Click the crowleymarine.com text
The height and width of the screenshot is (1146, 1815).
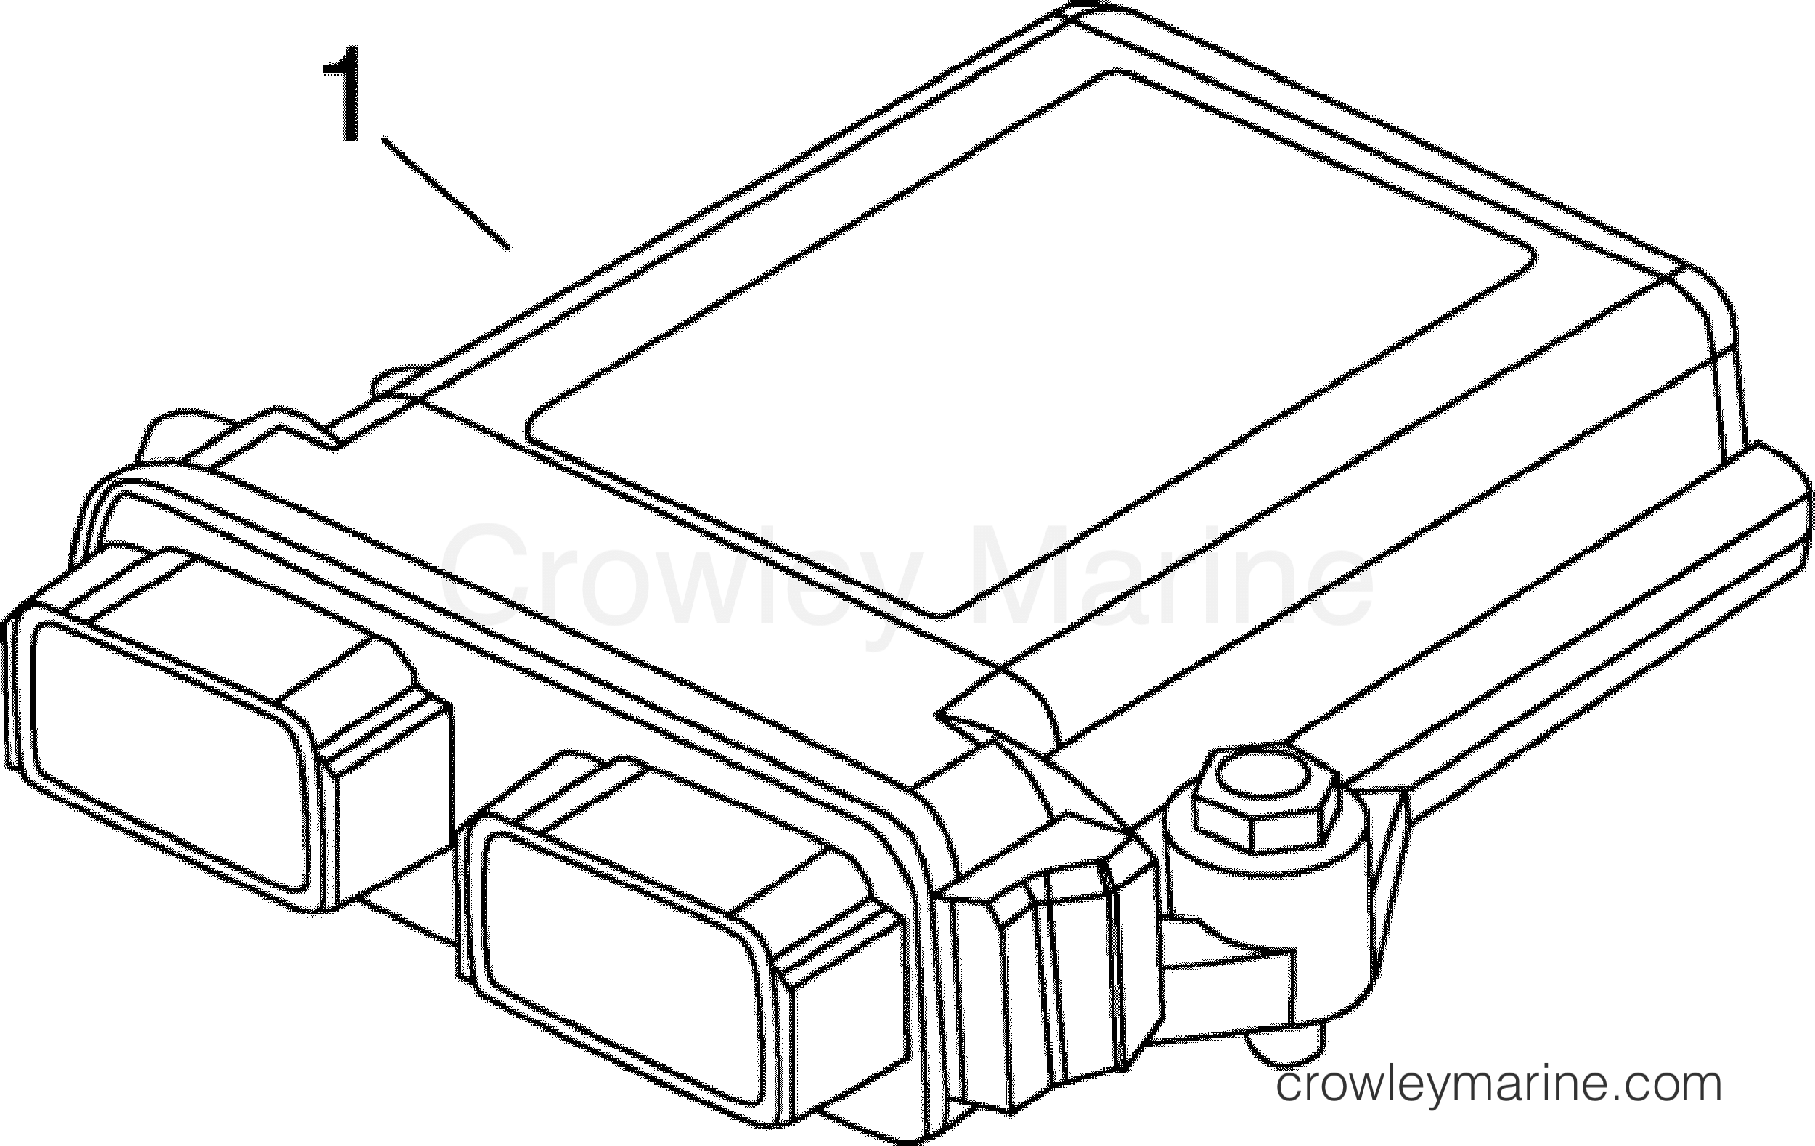click(x=1499, y=1086)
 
